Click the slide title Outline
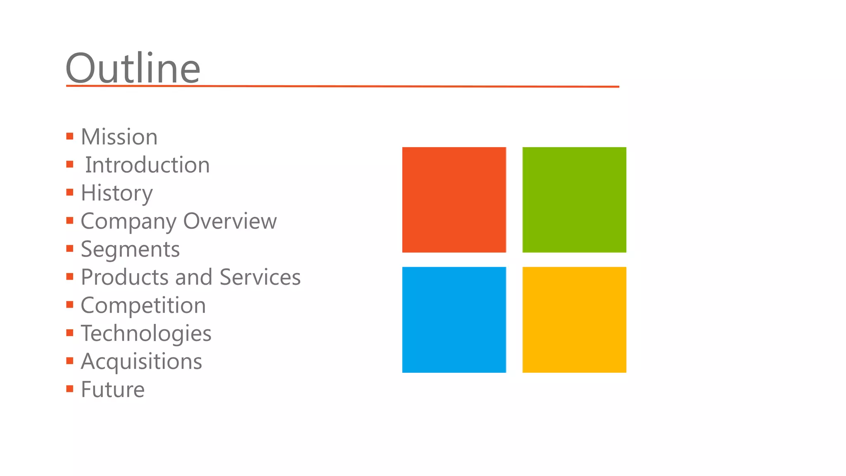[x=133, y=68]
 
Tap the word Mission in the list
[x=119, y=137]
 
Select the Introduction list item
[x=147, y=165]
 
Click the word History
[x=116, y=193]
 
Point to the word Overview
[x=230, y=221]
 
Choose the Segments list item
[x=130, y=249]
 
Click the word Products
[x=125, y=277]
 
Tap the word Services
[x=260, y=277]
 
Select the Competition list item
[x=143, y=305]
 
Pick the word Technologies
[x=146, y=333]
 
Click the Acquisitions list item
[x=141, y=362]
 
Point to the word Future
[x=112, y=390]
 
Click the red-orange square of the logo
[x=454, y=200]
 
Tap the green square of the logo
[x=574, y=200]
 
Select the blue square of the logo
[x=454, y=319]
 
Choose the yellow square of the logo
[x=574, y=319]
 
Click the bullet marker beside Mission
[x=70, y=136]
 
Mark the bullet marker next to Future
[x=70, y=389]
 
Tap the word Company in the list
[x=128, y=221]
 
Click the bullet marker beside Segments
[x=70, y=248]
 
